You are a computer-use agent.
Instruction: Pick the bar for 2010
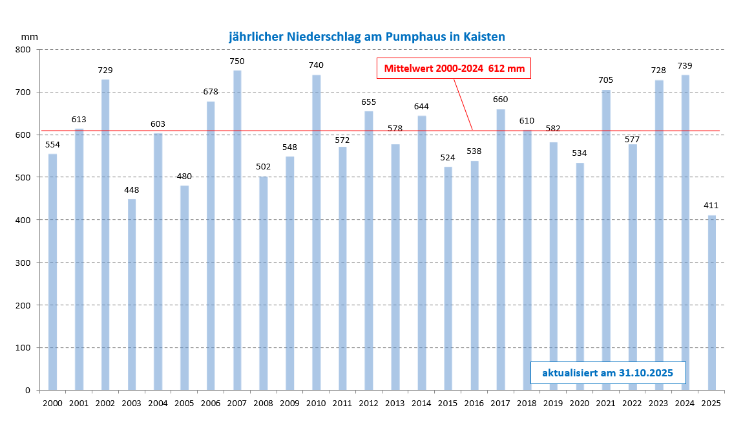(x=317, y=232)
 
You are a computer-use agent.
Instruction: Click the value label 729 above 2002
(x=105, y=70)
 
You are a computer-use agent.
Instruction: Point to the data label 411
(x=711, y=206)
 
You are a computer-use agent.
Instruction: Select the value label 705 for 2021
(x=606, y=80)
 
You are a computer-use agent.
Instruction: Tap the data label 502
(x=264, y=167)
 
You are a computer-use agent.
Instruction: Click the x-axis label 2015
(x=448, y=404)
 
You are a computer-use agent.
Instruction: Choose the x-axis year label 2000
(x=52, y=404)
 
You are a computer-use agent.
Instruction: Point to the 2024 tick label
(x=685, y=404)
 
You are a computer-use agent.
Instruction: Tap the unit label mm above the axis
(x=30, y=37)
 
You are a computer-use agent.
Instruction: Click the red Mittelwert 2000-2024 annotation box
(x=454, y=69)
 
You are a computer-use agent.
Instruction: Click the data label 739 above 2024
(x=685, y=66)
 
